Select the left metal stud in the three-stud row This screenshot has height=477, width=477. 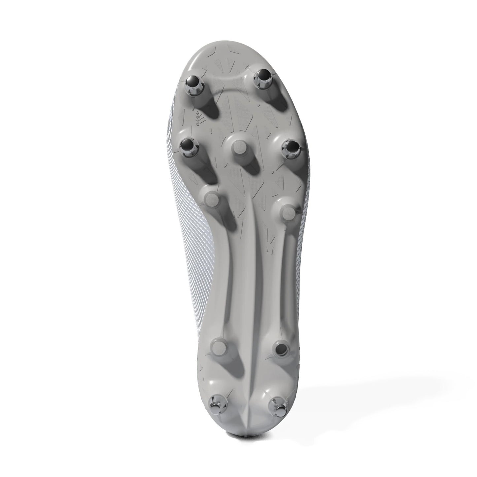pos(189,148)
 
